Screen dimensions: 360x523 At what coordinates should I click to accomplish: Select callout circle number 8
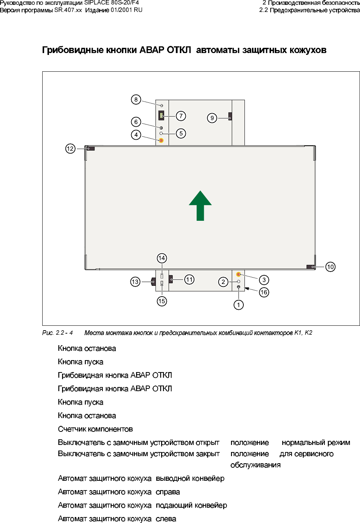[136, 99]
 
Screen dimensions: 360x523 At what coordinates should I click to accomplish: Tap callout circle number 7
[181, 116]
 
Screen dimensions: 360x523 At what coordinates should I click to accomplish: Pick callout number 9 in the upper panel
[212, 118]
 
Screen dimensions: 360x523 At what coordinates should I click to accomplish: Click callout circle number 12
[70, 149]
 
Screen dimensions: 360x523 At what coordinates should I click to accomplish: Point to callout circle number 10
[330, 267]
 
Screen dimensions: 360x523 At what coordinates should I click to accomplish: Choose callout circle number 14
[161, 258]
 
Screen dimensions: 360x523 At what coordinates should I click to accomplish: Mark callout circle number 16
[264, 292]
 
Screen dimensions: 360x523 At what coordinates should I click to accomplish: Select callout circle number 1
[239, 305]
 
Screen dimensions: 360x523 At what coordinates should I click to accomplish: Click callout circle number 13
[135, 282]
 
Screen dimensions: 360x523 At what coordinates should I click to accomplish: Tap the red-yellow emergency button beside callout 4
[161, 140]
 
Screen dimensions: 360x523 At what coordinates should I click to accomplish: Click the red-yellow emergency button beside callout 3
[239, 275]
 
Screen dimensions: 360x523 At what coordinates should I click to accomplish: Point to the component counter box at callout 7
[161, 115]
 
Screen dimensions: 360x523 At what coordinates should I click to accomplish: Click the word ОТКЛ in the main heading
[179, 50]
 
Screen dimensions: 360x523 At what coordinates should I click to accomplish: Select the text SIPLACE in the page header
[96, 3]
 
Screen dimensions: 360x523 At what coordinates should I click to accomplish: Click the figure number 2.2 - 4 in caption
[64, 332]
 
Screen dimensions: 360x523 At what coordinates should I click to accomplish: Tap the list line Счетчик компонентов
[95, 429]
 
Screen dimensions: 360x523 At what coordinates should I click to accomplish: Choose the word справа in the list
[168, 492]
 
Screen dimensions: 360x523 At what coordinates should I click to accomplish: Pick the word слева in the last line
[166, 519]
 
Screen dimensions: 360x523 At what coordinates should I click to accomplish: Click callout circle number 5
[181, 133]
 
